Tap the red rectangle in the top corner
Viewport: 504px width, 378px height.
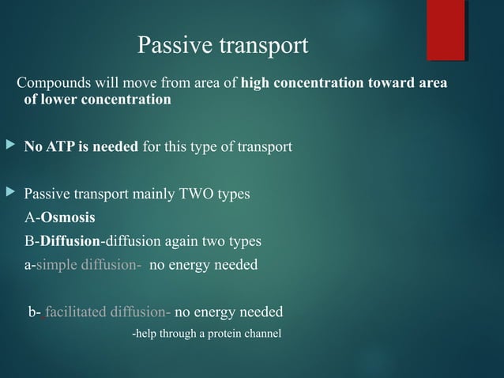446,30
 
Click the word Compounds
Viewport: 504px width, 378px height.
52,84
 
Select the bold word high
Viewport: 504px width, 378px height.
256,84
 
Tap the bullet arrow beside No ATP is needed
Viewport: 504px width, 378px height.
9,146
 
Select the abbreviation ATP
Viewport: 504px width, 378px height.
58,146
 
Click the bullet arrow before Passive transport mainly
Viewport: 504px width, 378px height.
9,193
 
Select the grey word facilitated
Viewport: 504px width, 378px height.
75,312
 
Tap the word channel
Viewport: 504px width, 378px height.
261,333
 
